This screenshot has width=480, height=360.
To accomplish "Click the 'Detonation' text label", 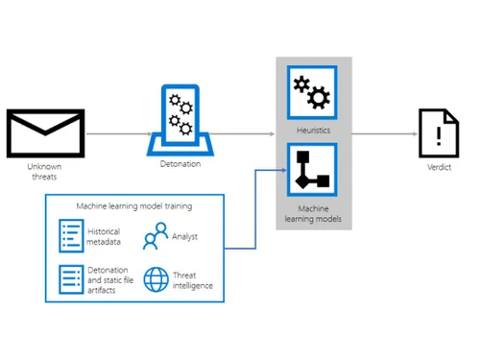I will (180, 165).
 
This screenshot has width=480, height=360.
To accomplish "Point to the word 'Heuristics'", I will (313, 130).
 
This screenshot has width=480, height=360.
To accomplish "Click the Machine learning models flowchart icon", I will (313, 169).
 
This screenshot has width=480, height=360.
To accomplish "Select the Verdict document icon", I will (437, 134).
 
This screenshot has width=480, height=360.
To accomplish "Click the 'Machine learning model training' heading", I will (133, 205).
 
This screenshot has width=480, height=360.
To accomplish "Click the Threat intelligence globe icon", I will (156, 279).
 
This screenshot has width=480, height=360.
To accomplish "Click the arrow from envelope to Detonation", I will (113, 134).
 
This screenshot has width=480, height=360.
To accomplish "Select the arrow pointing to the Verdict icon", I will (384, 134).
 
